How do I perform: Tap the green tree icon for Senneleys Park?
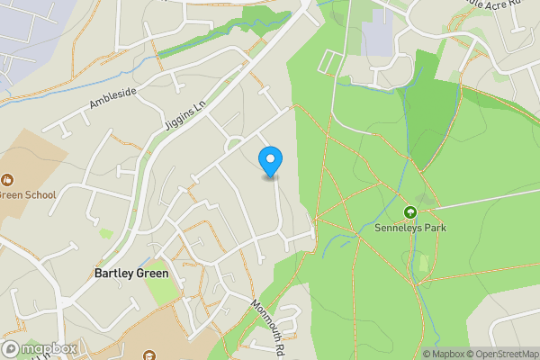[410, 212]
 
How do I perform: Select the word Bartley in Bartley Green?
[113, 273]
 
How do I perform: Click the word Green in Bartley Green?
[152, 273]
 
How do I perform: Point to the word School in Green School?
[40, 194]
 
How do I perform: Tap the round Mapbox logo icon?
[11, 349]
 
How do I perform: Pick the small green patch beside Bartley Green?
[163, 292]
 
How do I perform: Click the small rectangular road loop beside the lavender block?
[331, 62]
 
